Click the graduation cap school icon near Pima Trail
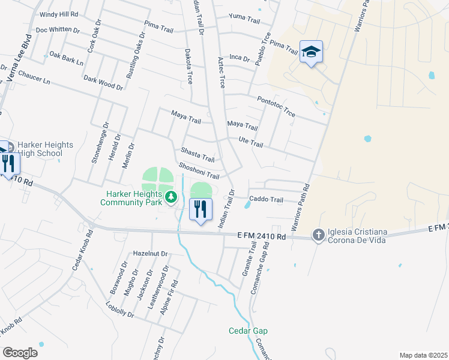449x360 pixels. point(311,53)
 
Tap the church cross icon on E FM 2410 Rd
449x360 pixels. point(318,235)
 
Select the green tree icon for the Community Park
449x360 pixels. point(170,196)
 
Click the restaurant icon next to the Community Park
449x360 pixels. point(200,209)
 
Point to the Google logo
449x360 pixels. point(20,353)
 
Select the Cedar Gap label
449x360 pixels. point(248,331)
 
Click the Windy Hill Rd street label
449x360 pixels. point(58,14)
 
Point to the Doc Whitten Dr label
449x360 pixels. point(58,29)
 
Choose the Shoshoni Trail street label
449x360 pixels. point(198,170)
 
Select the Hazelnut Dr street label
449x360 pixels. point(150,254)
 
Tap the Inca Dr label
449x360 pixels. point(239,58)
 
